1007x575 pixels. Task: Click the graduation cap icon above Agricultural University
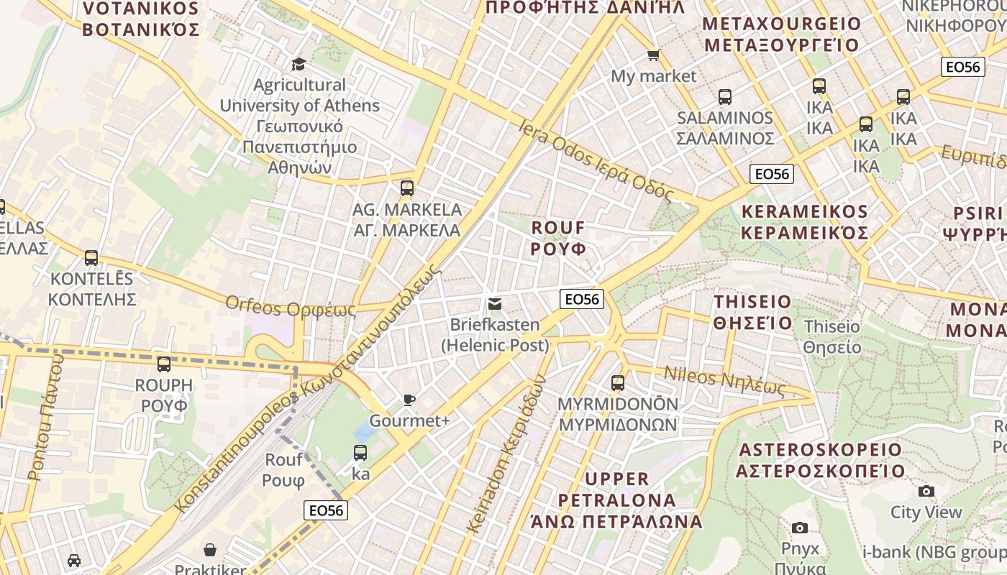[x=299, y=65]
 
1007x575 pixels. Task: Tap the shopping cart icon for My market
[x=653, y=55]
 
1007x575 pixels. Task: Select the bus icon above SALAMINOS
[x=724, y=97]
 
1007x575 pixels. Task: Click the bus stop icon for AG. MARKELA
[x=407, y=189]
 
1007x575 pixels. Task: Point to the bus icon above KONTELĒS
[x=91, y=258]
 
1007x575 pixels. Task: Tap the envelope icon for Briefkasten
[x=494, y=304]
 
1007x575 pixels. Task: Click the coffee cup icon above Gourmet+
[x=409, y=400]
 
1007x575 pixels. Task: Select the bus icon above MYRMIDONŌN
[x=617, y=383]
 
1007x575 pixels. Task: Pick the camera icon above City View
[x=926, y=492]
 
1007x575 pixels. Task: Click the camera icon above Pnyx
[x=799, y=528]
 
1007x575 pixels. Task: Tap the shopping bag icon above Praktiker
[x=210, y=550]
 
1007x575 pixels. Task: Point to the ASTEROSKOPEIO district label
[x=820, y=460]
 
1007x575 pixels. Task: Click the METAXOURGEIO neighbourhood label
[x=781, y=34]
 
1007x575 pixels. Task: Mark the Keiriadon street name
[x=506, y=454]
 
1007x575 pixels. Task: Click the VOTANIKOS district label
[x=140, y=19]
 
